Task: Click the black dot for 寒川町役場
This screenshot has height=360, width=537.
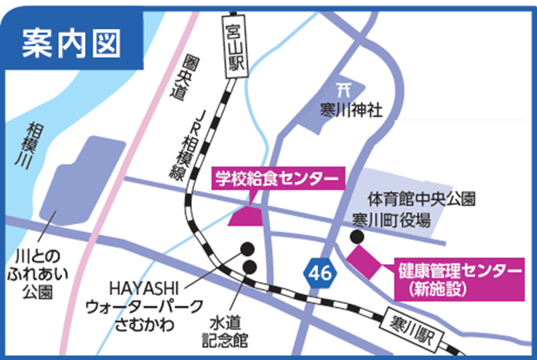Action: [x=358, y=237]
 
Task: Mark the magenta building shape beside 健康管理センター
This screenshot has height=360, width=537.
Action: [x=362, y=262]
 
